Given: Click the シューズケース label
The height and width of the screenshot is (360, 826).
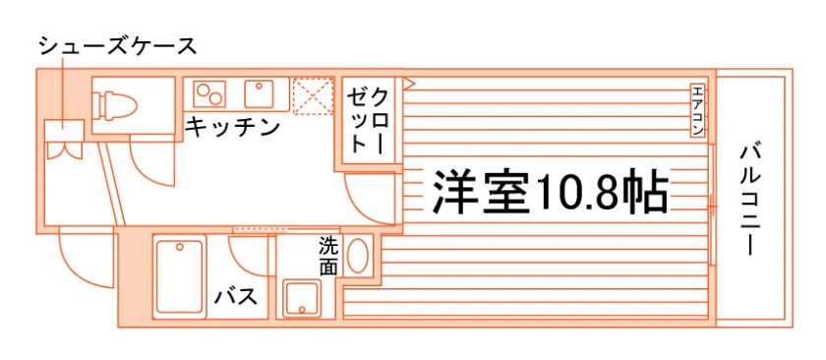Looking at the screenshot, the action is (x=119, y=46).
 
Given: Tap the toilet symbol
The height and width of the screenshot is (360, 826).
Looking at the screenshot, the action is (x=114, y=104).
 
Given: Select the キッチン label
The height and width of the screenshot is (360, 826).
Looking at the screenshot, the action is (x=232, y=128).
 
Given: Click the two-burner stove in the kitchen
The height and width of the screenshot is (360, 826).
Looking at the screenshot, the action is (x=209, y=93).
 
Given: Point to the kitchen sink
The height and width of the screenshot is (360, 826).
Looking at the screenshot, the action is (x=259, y=93).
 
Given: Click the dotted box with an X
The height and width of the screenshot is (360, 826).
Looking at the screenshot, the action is (x=314, y=95).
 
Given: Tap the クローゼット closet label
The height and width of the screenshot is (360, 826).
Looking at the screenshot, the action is (x=370, y=121).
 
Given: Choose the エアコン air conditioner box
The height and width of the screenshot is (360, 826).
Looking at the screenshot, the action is (x=697, y=110).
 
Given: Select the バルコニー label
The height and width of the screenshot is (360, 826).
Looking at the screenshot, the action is (x=750, y=200).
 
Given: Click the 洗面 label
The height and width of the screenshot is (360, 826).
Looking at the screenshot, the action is (x=327, y=256).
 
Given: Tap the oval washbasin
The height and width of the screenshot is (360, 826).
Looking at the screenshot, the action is (x=358, y=256).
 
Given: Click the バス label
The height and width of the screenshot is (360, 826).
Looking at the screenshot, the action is (x=236, y=297).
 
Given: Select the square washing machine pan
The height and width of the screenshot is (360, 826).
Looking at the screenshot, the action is (x=302, y=299).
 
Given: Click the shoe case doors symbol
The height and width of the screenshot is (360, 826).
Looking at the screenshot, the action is (x=64, y=150).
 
